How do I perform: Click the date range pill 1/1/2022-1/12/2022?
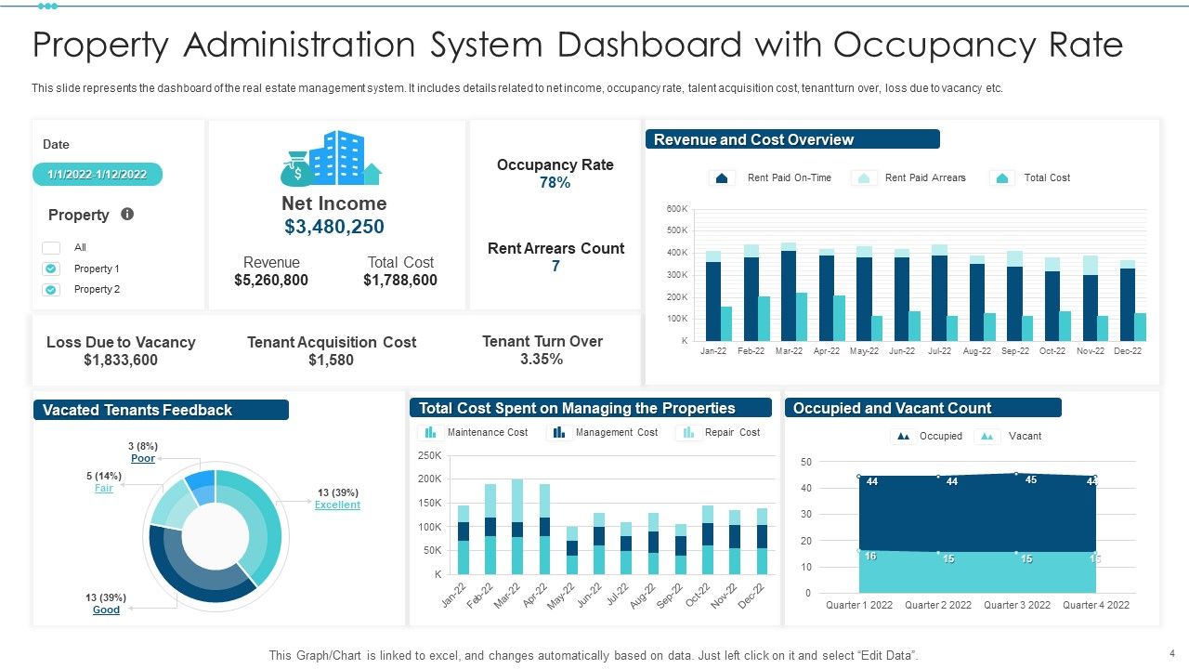(98, 175)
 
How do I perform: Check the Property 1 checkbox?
(52, 269)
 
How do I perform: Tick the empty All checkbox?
(52, 247)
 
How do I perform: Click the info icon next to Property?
(127, 214)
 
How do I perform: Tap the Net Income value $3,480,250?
(334, 227)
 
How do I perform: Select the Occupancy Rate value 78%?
(555, 183)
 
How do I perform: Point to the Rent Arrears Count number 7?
(555, 267)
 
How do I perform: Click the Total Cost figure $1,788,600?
(400, 280)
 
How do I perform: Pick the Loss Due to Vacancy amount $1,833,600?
(121, 361)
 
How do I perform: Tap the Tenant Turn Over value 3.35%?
(542, 360)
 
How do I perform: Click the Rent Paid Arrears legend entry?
(924, 177)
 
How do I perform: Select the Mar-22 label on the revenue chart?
(789, 351)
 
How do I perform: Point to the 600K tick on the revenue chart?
(676, 209)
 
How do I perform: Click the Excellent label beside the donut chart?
(337, 505)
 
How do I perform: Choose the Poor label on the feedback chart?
(143, 459)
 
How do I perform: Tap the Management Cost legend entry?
(616, 432)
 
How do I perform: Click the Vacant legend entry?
(1024, 436)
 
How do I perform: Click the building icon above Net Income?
(333, 158)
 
